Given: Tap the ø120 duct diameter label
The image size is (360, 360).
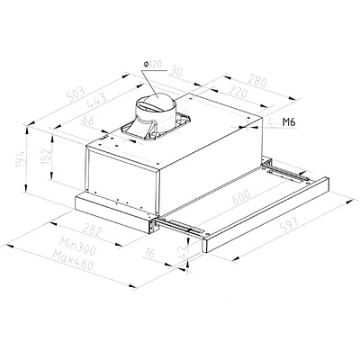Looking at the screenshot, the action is pos(153,64).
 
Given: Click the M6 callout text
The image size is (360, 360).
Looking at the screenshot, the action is pos(289,122).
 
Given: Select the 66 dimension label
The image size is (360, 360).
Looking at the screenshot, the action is pos(88,121).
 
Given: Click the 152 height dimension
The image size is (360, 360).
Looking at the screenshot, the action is pos(46,157).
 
